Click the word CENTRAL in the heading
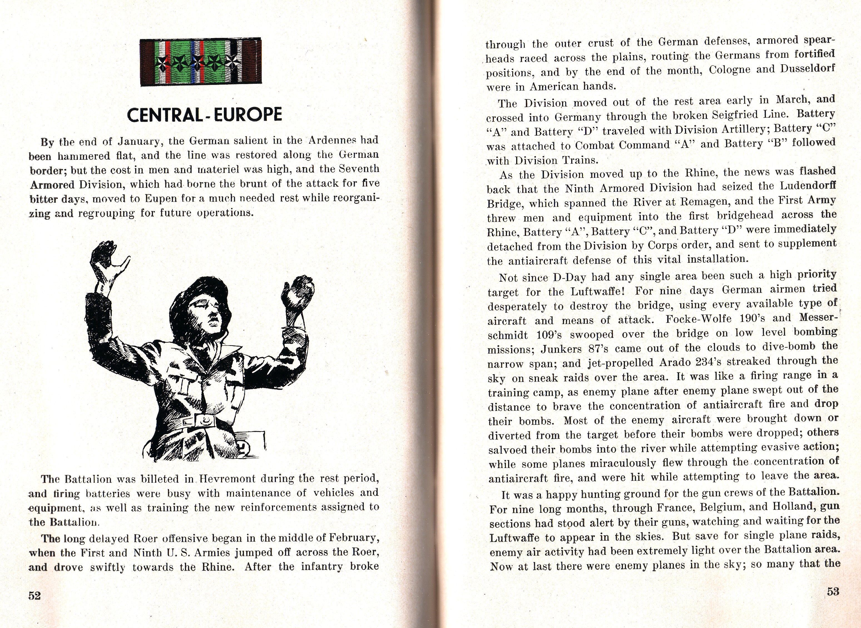coord(165,114)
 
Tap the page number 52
coord(34,596)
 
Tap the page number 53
coord(833,592)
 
